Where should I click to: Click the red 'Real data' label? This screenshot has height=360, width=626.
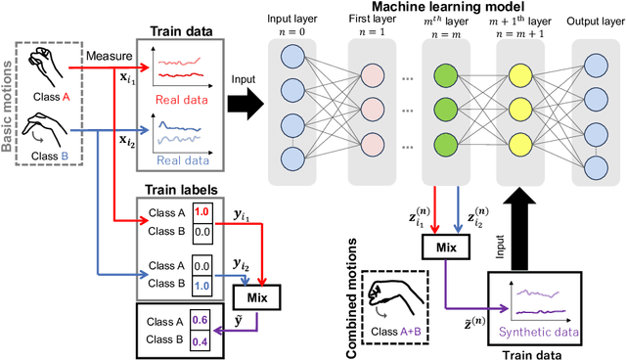(183, 98)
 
